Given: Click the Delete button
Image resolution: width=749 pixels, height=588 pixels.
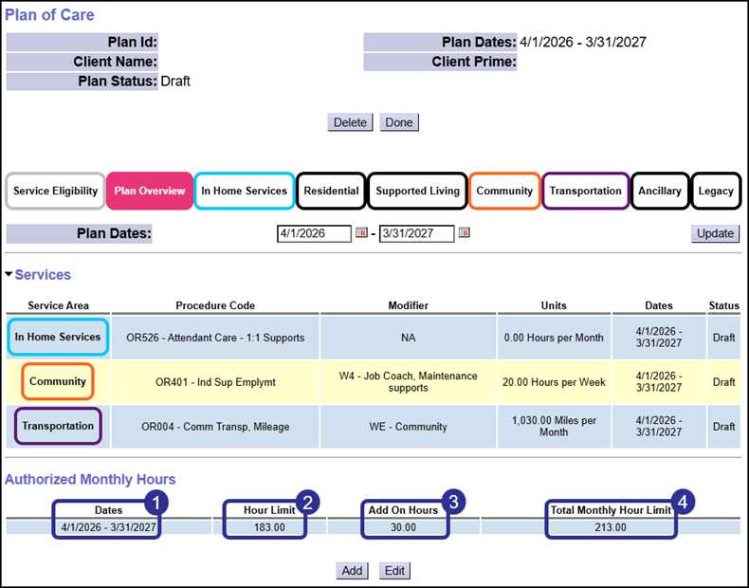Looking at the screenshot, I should pos(350,122).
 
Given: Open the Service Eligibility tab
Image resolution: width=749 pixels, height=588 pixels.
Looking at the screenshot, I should pos(55,191).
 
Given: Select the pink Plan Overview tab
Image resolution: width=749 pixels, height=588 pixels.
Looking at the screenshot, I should pos(150,191).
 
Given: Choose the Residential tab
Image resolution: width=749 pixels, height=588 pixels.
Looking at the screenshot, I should pos(331,191).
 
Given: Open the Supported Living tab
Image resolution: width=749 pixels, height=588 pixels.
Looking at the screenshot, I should pos(417,191).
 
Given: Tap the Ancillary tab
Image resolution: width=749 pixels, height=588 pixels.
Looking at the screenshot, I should pos(659,191).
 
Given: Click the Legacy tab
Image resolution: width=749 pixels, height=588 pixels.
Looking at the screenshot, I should pos(716,191).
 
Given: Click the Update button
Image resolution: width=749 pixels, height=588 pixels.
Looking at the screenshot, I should pos(715,233).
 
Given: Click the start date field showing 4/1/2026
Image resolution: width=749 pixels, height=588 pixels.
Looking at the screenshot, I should pos(314,233).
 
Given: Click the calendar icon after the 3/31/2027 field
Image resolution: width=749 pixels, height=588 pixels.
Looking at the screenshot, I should pos(465,233).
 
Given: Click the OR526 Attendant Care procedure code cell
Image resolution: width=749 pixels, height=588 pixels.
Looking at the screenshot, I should pos(215,338).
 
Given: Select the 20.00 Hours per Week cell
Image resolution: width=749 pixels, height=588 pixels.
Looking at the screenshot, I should pos(553,382).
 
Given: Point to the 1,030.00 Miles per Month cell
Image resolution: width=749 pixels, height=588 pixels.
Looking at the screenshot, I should pos(553,427).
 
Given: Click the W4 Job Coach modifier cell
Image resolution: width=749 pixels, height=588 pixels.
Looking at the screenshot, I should pos(408,382).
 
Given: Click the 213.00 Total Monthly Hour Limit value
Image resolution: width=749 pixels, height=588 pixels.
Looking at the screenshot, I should pos(611,526).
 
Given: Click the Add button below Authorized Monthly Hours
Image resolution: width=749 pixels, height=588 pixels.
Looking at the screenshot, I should pos(352,571).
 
